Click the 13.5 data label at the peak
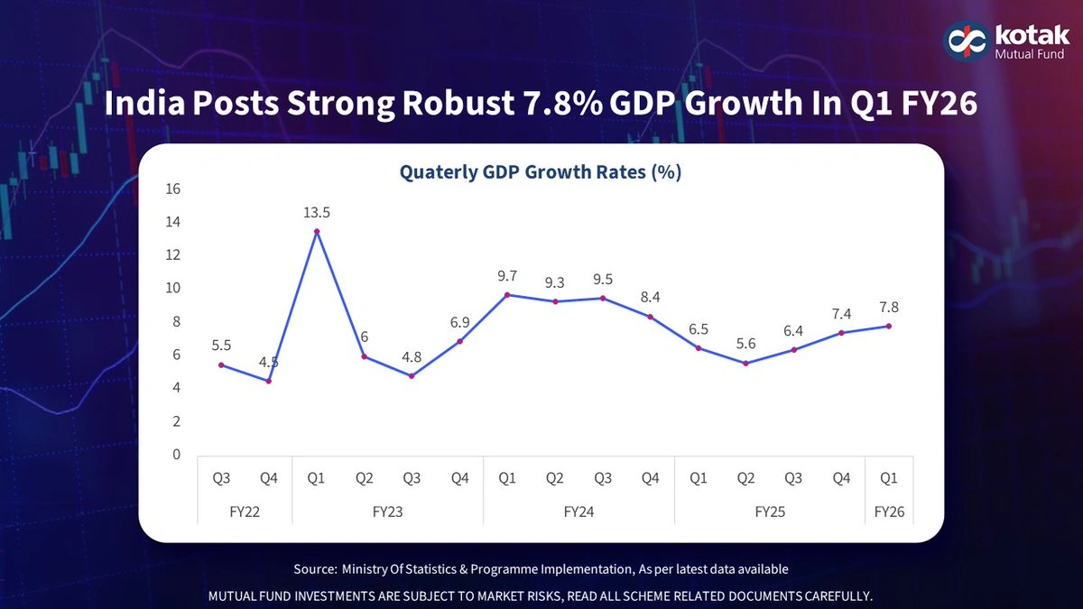click(316, 213)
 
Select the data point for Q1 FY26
click(889, 326)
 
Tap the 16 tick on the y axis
click(172, 189)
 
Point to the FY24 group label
click(578, 512)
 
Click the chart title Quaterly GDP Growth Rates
click(540, 172)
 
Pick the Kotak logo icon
click(964, 41)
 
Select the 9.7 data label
click(507, 276)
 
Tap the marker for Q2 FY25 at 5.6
click(745, 363)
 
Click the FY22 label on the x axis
click(245, 512)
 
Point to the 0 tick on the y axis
click(177, 455)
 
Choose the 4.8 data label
click(412, 357)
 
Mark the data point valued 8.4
click(650, 317)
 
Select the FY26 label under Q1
click(889, 512)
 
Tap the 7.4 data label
click(841, 314)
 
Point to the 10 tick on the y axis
click(172, 289)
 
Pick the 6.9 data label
click(459, 322)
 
